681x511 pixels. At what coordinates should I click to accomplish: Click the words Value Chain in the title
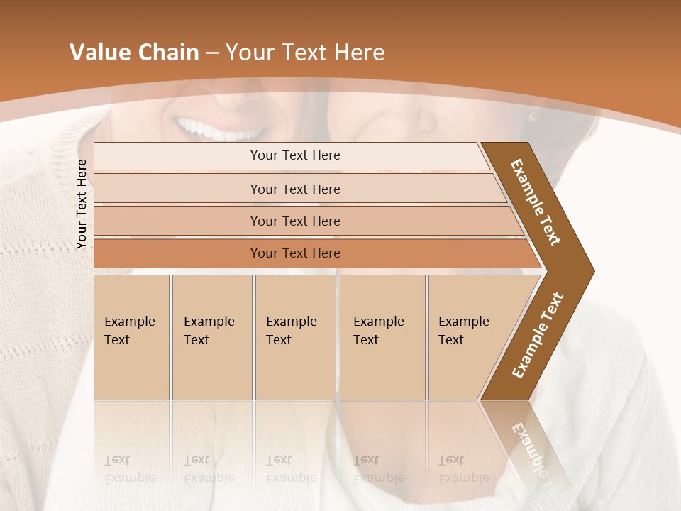tap(134, 52)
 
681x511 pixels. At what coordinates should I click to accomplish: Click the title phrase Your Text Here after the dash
tap(305, 52)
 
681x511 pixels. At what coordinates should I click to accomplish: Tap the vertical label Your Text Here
tap(82, 204)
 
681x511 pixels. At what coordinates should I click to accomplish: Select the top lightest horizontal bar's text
tap(295, 155)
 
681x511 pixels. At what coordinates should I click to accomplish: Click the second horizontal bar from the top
tap(295, 189)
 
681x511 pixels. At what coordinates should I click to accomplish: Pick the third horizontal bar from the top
tap(295, 221)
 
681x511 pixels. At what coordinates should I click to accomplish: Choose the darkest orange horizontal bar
tap(295, 253)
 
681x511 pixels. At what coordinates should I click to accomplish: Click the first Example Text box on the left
tap(131, 336)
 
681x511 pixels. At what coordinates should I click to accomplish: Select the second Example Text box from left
tap(211, 336)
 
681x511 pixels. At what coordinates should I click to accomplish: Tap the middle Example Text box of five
tap(294, 336)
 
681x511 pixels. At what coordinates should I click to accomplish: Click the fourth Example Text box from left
tap(382, 336)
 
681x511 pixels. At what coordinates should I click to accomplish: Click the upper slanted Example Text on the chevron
tap(536, 203)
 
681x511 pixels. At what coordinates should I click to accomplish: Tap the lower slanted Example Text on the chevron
tap(538, 336)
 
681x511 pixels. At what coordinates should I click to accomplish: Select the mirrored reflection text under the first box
tap(129, 469)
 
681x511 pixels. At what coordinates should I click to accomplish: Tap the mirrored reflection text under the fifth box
tap(463, 469)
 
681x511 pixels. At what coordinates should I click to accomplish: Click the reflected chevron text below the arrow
tap(528, 447)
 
